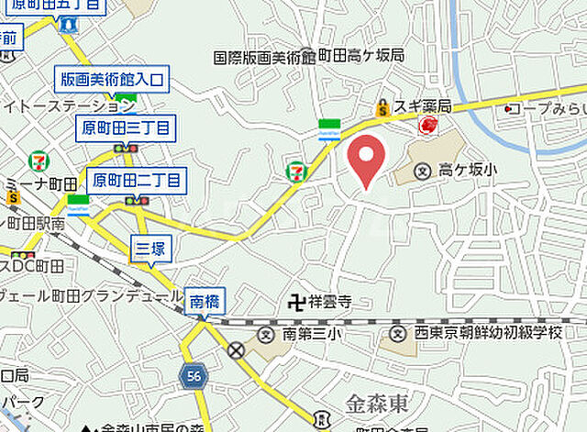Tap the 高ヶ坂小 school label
pos(467,170)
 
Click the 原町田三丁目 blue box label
pos(126,129)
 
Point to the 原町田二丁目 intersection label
pos(138,179)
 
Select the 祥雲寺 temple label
pos(332,300)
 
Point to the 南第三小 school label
pos(312,334)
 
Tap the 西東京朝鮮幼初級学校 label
pos(488,334)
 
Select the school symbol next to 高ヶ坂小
pos(423,170)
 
